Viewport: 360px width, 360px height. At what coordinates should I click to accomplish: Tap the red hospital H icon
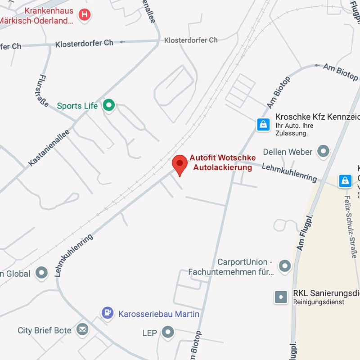click(x=84, y=15)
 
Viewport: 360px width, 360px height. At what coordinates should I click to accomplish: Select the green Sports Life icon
click(x=108, y=106)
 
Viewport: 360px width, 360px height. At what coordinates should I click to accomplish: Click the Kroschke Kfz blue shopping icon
click(x=263, y=124)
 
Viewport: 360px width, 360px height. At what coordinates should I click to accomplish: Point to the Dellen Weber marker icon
click(x=323, y=152)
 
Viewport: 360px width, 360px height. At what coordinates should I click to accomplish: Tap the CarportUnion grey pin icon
click(x=284, y=266)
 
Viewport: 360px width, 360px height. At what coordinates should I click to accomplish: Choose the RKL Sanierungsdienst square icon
click(x=281, y=297)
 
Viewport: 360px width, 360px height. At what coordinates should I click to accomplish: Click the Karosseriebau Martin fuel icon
click(x=108, y=313)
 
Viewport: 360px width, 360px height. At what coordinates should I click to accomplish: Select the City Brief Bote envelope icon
click(x=82, y=330)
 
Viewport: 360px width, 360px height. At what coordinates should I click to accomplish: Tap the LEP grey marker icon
click(x=168, y=333)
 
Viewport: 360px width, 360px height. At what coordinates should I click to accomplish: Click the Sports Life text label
click(x=77, y=106)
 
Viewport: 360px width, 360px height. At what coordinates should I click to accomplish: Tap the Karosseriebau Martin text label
click(x=159, y=314)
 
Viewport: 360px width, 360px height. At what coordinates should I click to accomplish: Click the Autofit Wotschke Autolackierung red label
click(x=222, y=162)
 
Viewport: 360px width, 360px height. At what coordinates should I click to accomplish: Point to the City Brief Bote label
click(x=45, y=330)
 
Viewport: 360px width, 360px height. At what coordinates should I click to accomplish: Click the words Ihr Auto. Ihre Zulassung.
click(x=294, y=130)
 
